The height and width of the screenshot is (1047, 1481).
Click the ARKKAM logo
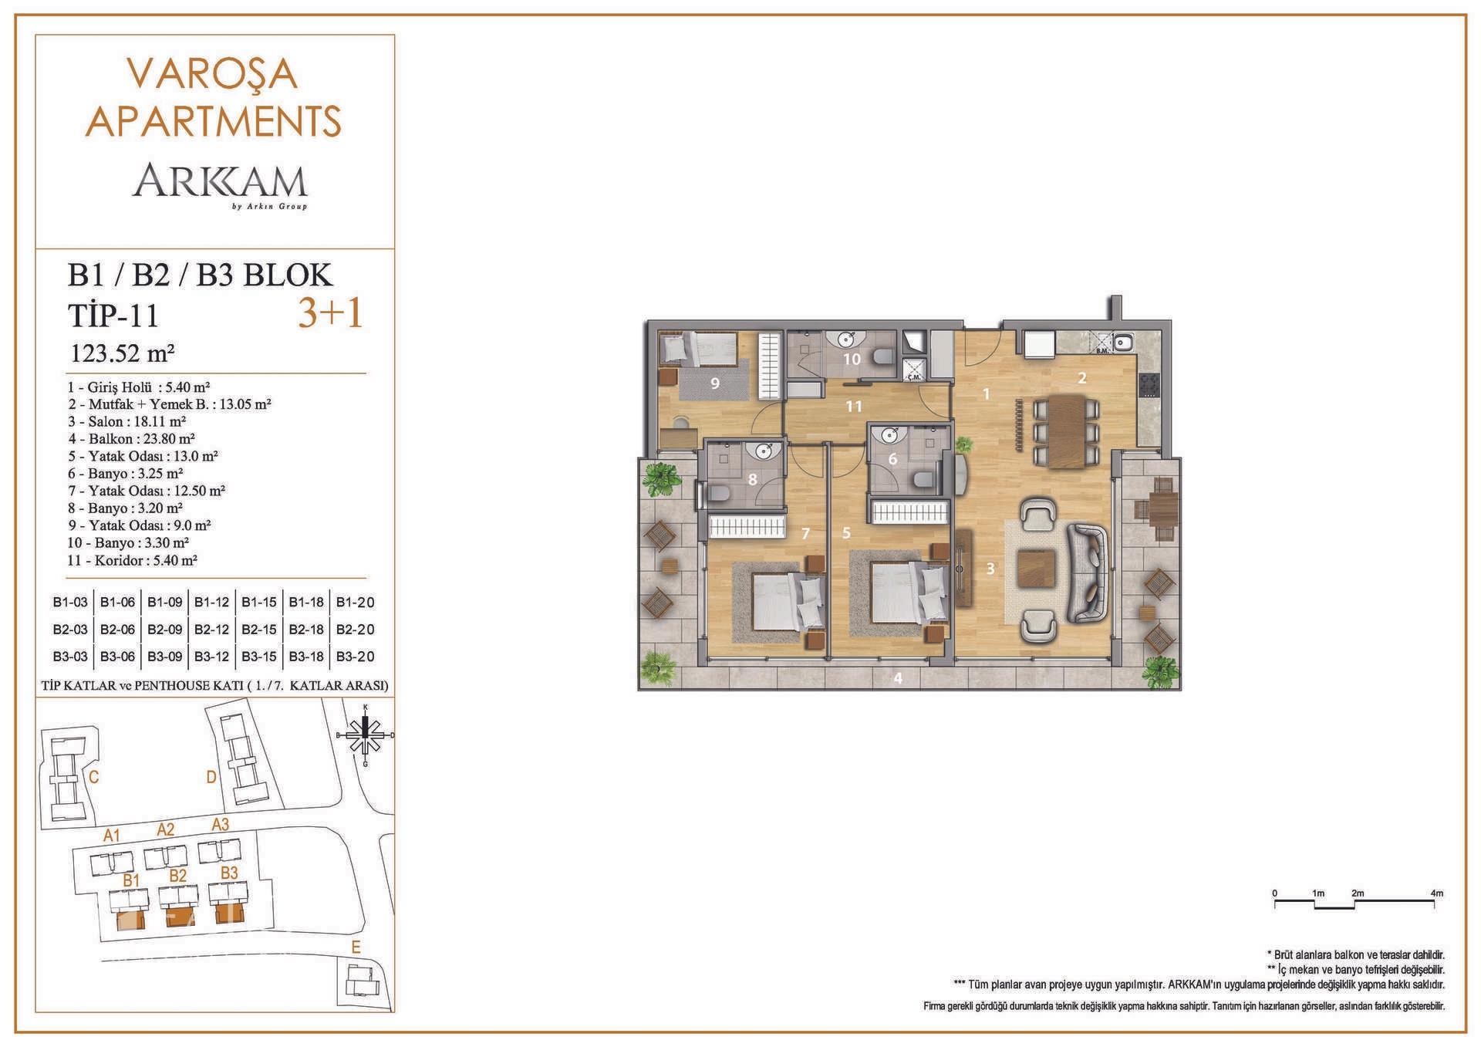coord(220,185)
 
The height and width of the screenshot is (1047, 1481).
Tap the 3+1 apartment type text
coord(330,313)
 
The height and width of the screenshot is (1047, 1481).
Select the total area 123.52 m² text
coord(123,353)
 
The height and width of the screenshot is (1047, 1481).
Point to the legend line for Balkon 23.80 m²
coord(131,439)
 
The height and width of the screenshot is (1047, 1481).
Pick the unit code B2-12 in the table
coord(211,630)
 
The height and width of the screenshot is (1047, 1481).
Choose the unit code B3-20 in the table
coord(355,657)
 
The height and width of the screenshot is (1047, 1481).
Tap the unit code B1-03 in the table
coord(70,603)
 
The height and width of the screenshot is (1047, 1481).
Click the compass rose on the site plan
coord(366,735)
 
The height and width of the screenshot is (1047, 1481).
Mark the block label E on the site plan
coord(356,947)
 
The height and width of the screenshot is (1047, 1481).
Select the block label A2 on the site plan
coord(166,829)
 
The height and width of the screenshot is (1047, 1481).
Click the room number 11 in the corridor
coord(853,407)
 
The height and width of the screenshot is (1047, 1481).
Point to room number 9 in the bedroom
coord(715,383)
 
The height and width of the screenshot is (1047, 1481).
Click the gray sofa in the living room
coord(1088,572)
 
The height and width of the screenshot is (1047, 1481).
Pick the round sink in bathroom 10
coord(847,339)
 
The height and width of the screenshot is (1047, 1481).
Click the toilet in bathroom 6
coord(921,480)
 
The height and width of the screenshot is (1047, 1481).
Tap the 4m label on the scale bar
coord(1436,893)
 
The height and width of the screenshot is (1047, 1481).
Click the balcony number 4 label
coord(898,678)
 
